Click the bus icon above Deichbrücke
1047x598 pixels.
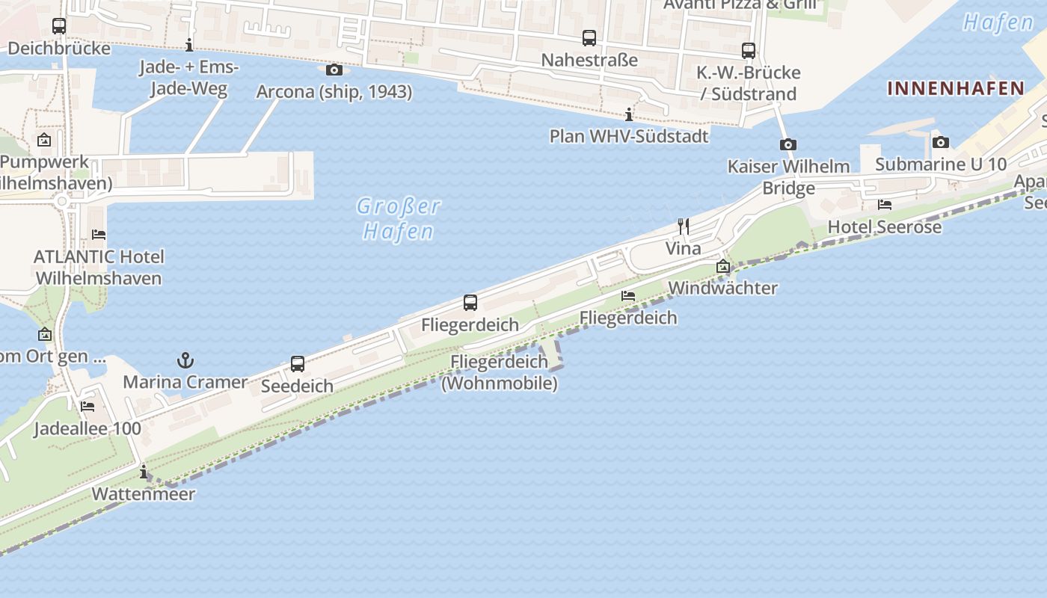click(59, 26)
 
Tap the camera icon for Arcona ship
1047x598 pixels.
click(334, 70)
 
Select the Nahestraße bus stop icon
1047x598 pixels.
click(589, 38)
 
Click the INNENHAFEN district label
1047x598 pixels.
click(956, 88)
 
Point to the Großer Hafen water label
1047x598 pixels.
click(398, 218)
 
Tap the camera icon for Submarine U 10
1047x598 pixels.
click(941, 142)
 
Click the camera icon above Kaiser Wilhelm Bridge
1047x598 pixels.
click(787, 145)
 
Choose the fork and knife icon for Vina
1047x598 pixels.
click(683, 226)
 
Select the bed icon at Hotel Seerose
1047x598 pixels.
click(885, 204)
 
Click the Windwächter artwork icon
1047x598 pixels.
click(722, 266)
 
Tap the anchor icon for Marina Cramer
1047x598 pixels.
click(185, 361)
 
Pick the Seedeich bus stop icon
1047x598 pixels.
click(298, 364)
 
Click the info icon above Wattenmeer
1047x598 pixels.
click(144, 472)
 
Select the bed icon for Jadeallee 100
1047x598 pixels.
click(87, 407)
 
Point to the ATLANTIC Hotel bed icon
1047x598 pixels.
click(99, 234)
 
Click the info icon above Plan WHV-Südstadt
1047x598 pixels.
click(629, 114)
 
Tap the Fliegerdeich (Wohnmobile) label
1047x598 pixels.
click(500, 372)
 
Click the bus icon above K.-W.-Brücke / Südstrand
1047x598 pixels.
click(749, 51)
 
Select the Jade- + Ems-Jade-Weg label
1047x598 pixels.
click(188, 78)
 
